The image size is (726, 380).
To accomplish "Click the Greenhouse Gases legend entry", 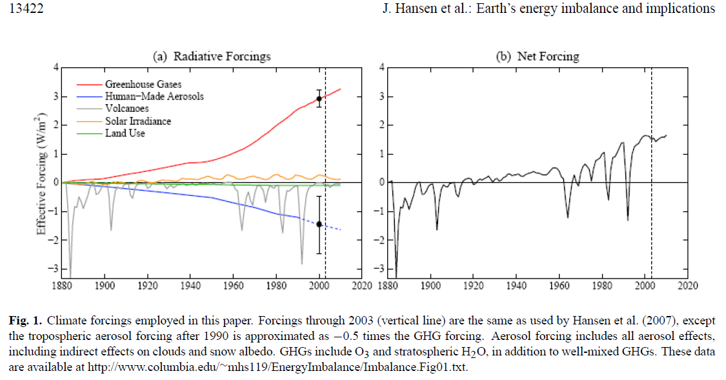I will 143,85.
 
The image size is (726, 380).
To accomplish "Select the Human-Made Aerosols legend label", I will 154,96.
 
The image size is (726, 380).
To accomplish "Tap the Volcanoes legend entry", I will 126,109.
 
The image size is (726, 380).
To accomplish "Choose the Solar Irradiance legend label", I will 138,121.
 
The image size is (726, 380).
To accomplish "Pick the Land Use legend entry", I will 125,133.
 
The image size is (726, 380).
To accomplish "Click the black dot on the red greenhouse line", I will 319,100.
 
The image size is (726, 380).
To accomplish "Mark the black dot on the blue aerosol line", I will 319,224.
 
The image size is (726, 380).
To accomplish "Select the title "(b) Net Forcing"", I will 537,56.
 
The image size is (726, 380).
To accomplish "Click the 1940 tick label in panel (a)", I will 190,285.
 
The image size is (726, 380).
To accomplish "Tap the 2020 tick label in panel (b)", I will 688,285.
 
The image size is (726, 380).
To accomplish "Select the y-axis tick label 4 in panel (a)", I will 56,67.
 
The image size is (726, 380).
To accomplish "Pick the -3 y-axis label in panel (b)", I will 379,268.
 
